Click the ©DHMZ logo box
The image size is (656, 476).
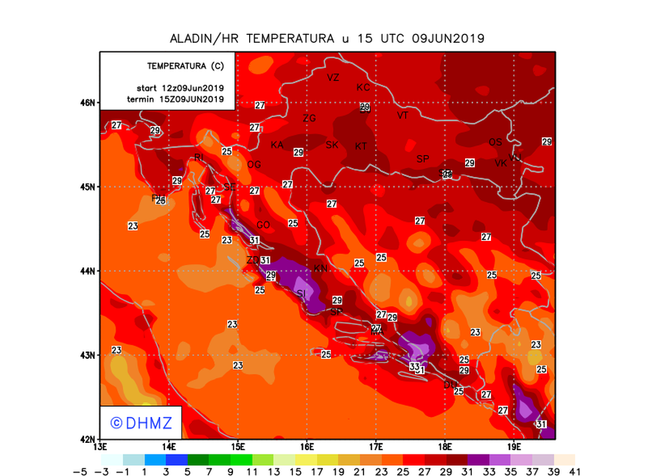tap(142, 423)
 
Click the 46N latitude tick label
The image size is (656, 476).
tap(88, 102)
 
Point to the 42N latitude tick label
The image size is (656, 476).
tap(88, 439)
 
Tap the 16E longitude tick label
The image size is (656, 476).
tap(307, 447)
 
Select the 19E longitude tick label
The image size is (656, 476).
tap(514, 447)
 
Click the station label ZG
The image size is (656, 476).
tap(309, 119)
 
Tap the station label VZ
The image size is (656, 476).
tap(333, 77)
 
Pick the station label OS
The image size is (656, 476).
tap(495, 142)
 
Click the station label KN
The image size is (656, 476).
tap(321, 269)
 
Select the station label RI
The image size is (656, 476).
tap(198, 158)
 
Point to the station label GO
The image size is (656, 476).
tap(262, 225)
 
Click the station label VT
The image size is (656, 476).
tap(402, 116)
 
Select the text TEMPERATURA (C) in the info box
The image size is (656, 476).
tap(185, 66)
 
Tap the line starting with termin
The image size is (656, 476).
tap(175, 99)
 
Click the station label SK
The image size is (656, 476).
tap(332, 145)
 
